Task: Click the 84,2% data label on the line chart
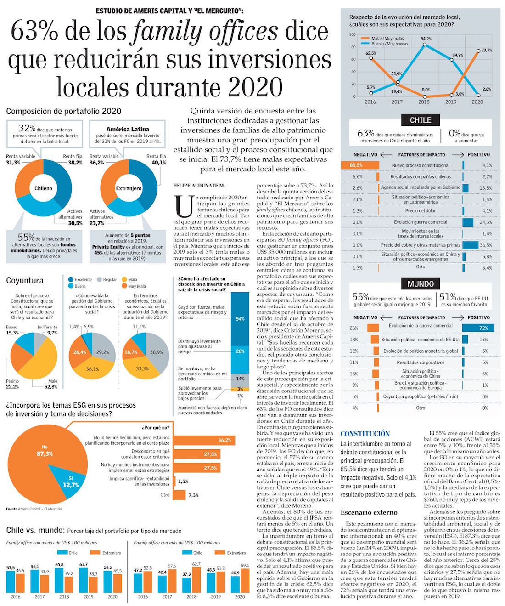click(426, 39)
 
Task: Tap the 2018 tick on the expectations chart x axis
click(424, 102)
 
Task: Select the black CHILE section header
click(420, 120)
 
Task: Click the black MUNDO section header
click(420, 283)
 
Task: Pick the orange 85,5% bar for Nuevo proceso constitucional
click(360, 165)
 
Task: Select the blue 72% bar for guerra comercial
click(478, 328)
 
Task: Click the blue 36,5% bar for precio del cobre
click(470, 245)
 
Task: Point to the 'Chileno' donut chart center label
click(44, 188)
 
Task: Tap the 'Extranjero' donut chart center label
click(129, 188)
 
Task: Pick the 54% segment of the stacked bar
click(240, 318)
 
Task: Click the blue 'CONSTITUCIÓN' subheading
click(365, 434)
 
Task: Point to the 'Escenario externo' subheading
click(369, 512)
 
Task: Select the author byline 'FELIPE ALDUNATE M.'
click(199, 185)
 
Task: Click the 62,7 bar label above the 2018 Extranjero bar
click(196, 564)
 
